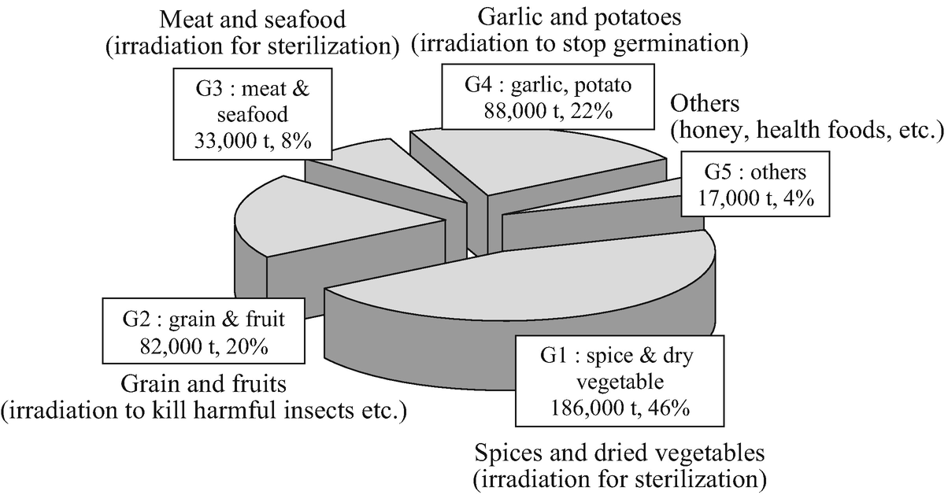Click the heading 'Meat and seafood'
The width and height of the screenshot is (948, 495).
click(250, 18)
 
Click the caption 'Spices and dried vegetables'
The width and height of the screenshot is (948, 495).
click(620, 455)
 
